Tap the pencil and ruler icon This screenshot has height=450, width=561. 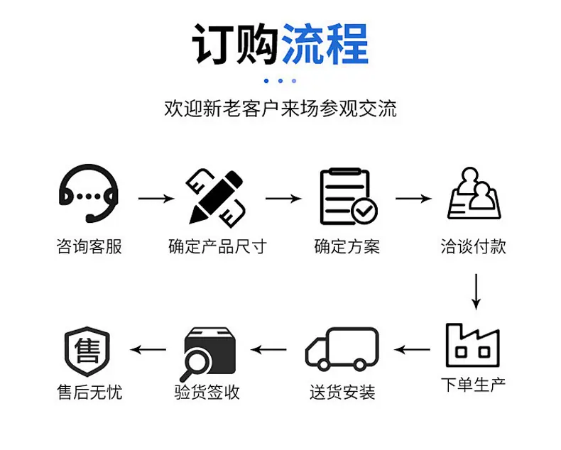tap(216, 198)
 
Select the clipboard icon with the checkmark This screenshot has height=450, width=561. tap(349, 197)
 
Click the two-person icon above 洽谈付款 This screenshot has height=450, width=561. tap(474, 194)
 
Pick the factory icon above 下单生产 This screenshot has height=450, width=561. tap(473, 346)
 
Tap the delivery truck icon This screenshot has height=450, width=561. tap(342, 349)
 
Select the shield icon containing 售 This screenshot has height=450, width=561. tap(87, 351)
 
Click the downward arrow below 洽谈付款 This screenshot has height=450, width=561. tap(476, 292)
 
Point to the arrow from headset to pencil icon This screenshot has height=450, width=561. tap(156, 199)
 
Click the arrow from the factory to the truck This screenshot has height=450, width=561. tap(412, 349)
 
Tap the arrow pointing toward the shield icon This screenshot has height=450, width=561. tap(148, 349)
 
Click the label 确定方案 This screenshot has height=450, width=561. tap(347, 247)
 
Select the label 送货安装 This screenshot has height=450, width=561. tap(342, 393)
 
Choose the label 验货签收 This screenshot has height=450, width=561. tap(207, 393)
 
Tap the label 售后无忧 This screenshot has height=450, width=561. tap(89, 393)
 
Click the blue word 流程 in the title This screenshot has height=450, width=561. tap(325, 44)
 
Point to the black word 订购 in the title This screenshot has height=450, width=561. tap(236, 44)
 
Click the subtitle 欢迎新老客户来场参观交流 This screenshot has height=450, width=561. tap(280, 109)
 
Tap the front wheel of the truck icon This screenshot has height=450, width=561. tap(323, 365)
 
